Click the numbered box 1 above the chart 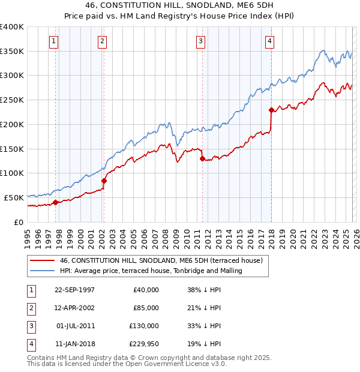54,41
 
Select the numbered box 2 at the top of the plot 103,41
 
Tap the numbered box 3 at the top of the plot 200,41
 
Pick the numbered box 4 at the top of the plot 270,41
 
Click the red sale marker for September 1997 56,202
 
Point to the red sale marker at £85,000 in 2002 104,180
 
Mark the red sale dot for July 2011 202,158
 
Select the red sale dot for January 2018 271,110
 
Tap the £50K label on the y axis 14,197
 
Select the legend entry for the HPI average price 151,271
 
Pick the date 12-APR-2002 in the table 74,308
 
